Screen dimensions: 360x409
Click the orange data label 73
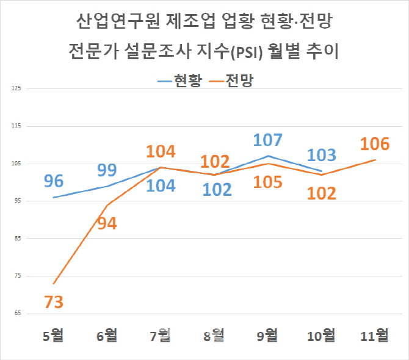(54, 302)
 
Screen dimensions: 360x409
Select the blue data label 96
(54, 181)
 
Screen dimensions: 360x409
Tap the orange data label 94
(107, 223)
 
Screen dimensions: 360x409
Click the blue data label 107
(269, 140)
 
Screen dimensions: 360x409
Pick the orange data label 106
(375, 145)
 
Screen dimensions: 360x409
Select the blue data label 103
(322, 154)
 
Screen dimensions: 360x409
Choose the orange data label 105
(269, 183)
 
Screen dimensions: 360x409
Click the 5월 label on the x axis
(54, 335)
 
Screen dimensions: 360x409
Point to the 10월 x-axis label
(321, 335)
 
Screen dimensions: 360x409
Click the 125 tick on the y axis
(16, 89)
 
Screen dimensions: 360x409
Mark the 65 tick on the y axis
(17, 314)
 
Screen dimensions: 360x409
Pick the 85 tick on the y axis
(17, 239)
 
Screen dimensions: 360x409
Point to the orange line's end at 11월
(375, 160)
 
